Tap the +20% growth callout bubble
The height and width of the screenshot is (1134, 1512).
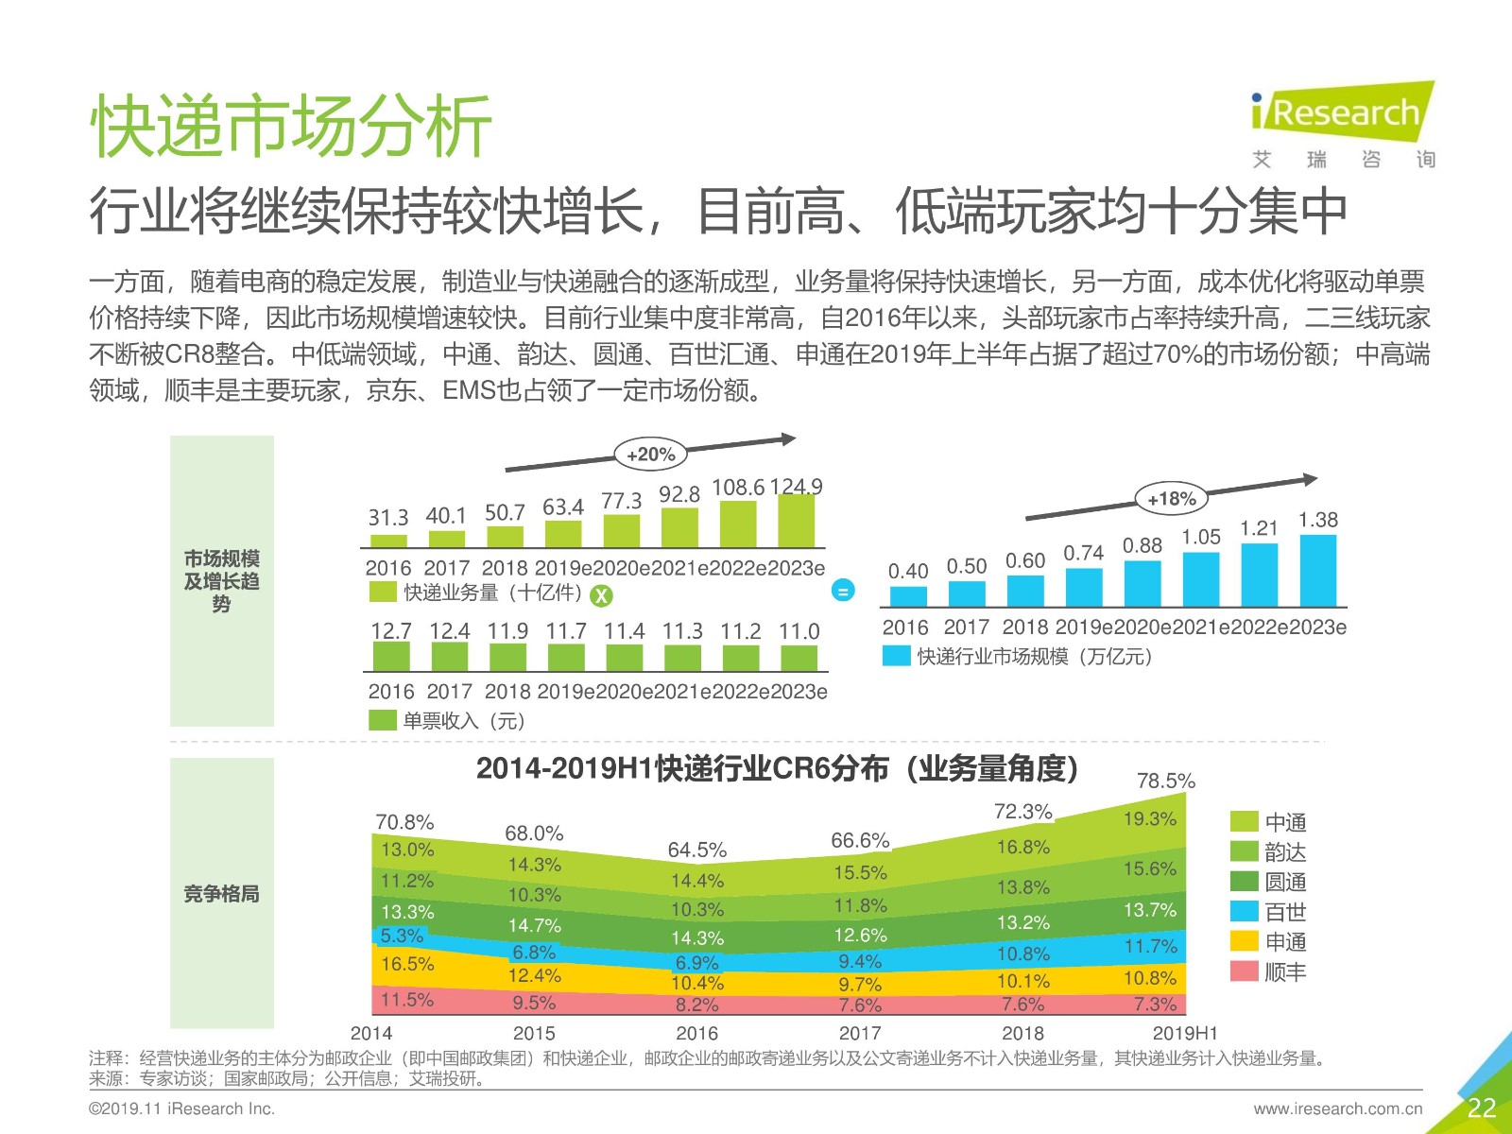(650, 455)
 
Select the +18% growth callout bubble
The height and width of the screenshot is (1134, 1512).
(1171, 499)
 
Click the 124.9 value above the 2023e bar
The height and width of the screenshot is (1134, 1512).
(796, 487)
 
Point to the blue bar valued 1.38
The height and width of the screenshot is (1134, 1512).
(1317, 570)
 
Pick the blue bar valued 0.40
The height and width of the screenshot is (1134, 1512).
(908, 596)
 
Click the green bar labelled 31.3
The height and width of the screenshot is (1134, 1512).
(388, 541)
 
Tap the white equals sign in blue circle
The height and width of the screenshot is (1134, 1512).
(843, 592)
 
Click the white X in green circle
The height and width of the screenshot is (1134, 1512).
(601, 595)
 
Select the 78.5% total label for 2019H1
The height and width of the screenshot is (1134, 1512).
(1165, 781)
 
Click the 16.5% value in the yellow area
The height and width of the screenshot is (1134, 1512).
(407, 964)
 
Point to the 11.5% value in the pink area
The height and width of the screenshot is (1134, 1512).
(407, 1000)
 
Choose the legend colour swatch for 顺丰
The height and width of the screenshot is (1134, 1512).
(1245, 971)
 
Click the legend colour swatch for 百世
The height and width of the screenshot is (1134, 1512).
(1245, 912)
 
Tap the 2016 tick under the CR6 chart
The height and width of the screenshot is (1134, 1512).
(696, 1033)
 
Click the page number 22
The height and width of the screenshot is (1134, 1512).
(1481, 1108)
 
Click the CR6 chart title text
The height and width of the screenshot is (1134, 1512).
(777, 769)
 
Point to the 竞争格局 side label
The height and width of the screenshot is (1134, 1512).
(221, 893)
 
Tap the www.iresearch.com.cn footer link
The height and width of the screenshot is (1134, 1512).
(1337, 1108)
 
